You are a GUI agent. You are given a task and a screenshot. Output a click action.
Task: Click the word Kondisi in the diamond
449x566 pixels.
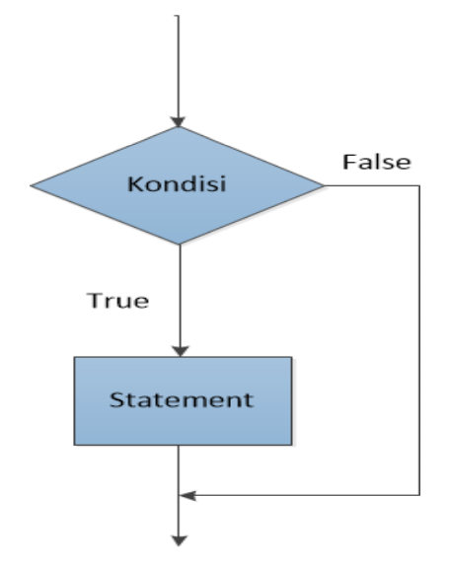point(177,183)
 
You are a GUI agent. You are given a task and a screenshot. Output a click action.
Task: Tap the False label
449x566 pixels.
point(377,162)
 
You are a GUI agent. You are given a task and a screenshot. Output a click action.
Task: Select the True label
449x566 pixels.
point(117,301)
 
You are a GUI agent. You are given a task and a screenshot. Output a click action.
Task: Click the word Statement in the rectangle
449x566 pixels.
point(182,400)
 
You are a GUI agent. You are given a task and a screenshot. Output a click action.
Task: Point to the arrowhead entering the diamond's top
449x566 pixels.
point(178,121)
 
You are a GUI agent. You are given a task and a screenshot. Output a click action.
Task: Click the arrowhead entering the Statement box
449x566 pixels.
point(181,351)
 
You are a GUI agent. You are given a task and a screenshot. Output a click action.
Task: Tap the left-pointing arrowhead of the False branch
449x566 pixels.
point(187,495)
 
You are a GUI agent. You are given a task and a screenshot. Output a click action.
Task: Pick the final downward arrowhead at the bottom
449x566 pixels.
point(179,540)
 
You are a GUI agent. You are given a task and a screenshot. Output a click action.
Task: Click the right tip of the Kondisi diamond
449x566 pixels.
point(324,186)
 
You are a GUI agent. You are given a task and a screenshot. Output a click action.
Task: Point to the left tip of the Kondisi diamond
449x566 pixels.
point(31,186)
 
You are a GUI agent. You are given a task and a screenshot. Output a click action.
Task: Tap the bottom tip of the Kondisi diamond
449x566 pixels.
point(180,245)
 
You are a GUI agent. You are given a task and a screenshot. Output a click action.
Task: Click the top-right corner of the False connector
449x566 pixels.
point(419,186)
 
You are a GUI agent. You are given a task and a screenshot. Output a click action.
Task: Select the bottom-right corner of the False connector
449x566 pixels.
point(419,495)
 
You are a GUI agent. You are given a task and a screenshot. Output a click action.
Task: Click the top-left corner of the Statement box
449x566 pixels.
point(74,357)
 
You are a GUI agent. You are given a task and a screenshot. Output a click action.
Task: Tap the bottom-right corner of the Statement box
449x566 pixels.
point(292,445)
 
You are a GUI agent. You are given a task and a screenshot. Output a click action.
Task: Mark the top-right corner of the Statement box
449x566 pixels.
point(292,357)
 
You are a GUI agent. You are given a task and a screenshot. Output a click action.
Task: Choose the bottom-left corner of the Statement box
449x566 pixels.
point(74,445)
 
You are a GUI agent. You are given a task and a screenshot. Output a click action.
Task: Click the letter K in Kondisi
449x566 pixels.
point(135,184)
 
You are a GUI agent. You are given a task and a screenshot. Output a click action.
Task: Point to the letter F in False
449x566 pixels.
point(348,162)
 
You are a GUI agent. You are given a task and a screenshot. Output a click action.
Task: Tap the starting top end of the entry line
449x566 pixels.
point(178,16)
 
